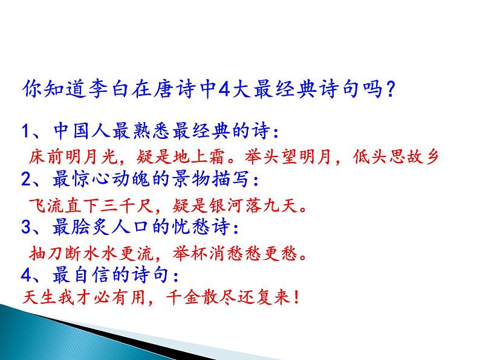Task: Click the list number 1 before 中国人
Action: point(25,131)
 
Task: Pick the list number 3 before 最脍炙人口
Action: point(25,228)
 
